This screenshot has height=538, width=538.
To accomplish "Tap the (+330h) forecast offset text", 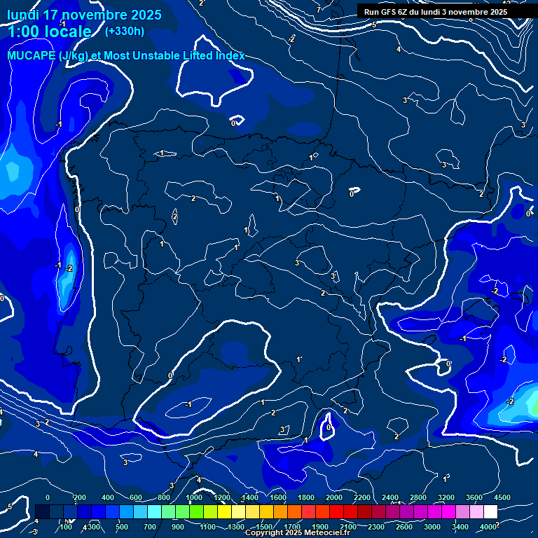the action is pyautogui.click(x=124, y=31).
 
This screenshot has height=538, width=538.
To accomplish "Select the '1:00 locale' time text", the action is pyautogui.click(x=49, y=32).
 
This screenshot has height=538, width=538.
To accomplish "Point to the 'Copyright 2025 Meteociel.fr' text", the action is pyautogui.click(x=297, y=533).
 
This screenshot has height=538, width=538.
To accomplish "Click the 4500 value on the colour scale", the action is pyautogui.click(x=502, y=497).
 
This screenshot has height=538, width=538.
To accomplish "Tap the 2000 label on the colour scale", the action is pyautogui.click(x=334, y=497).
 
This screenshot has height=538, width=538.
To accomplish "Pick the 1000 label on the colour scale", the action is pyautogui.click(x=194, y=497).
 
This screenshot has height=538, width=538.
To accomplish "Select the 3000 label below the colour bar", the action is pyautogui.click(x=432, y=527).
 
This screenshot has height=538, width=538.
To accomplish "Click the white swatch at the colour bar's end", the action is pyautogui.click(x=490, y=512).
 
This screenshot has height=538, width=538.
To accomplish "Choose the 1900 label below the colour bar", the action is pyautogui.click(x=320, y=527).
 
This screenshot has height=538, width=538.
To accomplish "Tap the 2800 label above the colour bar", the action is pyautogui.click(x=418, y=497).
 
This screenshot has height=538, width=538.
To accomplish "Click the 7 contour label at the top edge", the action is pyautogui.click(x=318, y=10).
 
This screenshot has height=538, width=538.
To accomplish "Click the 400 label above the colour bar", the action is pyautogui.click(x=109, y=497).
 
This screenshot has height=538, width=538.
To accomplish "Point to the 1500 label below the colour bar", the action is pyautogui.click(x=264, y=527).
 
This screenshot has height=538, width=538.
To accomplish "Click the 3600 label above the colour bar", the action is pyautogui.click(x=474, y=497).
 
